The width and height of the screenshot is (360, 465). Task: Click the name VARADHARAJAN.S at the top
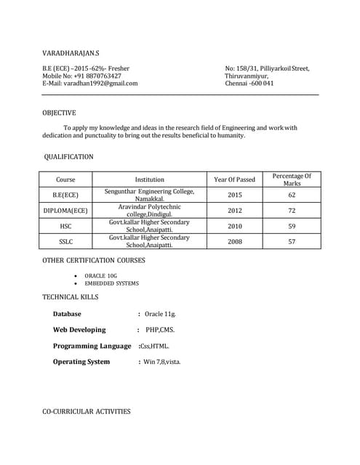tap(71, 54)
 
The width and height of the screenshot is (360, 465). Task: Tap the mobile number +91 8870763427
tap(95, 76)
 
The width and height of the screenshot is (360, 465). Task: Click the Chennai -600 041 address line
tap(249, 83)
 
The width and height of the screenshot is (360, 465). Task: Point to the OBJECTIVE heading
tap(59, 113)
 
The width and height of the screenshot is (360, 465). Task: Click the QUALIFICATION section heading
tap(68, 156)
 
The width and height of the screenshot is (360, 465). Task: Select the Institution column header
tap(149, 179)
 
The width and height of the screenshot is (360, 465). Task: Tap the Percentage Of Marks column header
tap(291, 179)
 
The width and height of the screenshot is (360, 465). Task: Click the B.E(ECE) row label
tap(65, 195)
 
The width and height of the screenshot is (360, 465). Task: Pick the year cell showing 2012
tap(235, 211)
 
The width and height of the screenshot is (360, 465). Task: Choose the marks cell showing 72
tap(292, 211)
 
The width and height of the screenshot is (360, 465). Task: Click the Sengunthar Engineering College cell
tap(149, 195)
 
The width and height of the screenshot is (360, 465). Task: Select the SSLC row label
tap(65, 241)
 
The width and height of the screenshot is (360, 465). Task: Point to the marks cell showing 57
tap(292, 241)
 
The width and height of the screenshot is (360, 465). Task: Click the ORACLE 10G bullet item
tap(100, 276)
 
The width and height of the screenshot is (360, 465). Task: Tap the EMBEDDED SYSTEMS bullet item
tap(111, 283)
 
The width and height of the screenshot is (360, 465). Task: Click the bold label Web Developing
tap(79, 330)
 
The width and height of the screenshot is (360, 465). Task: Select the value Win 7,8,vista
tap(161, 361)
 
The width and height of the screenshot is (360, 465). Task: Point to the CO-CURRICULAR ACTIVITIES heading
tap(87, 411)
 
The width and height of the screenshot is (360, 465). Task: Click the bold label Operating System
tap(81, 361)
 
